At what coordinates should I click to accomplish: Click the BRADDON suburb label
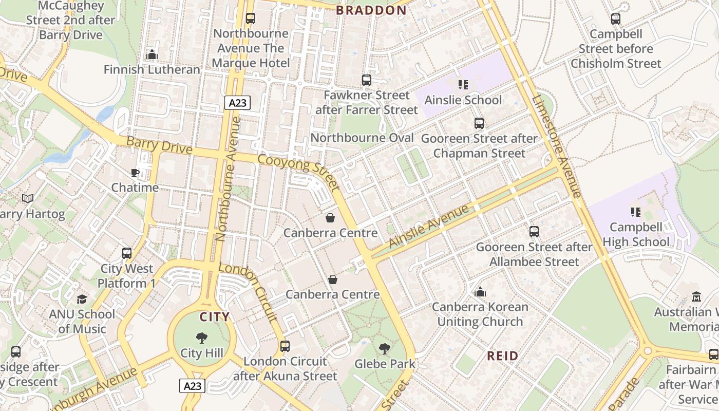tap(371, 10)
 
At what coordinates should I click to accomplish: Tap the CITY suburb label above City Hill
tap(215, 317)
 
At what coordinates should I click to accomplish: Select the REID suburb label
tap(502, 356)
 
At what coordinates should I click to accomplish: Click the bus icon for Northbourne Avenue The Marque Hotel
tap(251, 18)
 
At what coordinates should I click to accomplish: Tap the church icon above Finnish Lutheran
tap(152, 54)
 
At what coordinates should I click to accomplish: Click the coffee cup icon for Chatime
tap(135, 173)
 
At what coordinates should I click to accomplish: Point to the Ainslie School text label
tap(463, 100)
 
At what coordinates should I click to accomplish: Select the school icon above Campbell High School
tap(635, 212)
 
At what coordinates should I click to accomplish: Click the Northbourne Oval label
tap(362, 138)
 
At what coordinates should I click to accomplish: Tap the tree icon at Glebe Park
tap(384, 349)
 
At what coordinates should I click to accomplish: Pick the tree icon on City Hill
tap(202, 338)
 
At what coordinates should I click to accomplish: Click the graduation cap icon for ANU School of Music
tap(82, 299)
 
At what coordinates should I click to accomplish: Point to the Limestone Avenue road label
tap(558, 146)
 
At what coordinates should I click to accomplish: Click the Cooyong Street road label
tap(298, 172)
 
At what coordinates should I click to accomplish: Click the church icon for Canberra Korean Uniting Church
tap(480, 292)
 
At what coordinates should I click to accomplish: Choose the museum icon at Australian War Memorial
tap(696, 297)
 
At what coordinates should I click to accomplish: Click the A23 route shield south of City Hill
tap(193, 386)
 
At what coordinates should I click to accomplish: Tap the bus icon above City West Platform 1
tap(127, 253)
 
